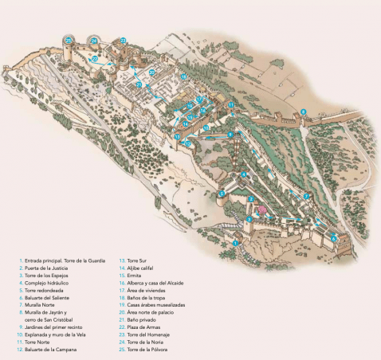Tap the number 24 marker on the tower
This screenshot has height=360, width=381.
click(94, 40)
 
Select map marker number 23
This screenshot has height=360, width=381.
click(122, 40)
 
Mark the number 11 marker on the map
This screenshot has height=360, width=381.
click(230, 105)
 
